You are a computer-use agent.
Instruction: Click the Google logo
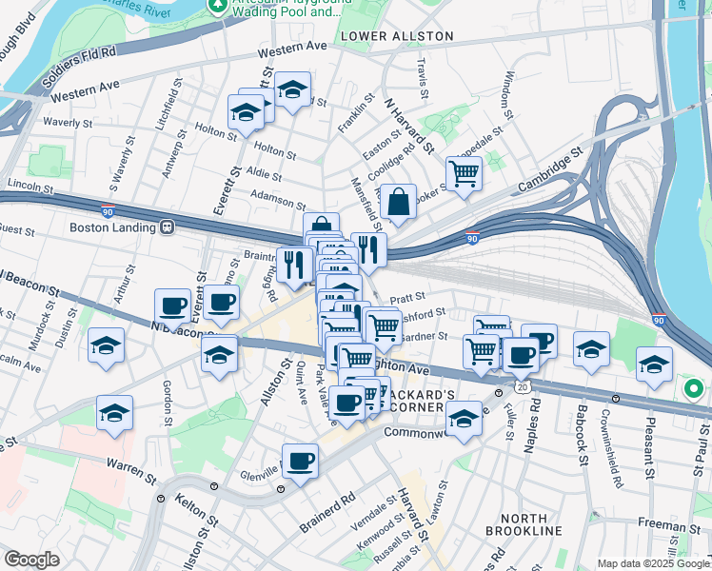(x=31, y=560)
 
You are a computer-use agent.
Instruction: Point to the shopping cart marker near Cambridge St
(x=464, y=174)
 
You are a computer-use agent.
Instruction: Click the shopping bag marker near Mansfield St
(x=398, y=202)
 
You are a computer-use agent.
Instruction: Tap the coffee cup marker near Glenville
(x=301, y=462)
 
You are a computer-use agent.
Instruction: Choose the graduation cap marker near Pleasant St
(x=654, y=364)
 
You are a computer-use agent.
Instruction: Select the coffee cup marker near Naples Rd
(x=539, y=342)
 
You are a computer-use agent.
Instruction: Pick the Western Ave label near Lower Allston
(x=291, y=46)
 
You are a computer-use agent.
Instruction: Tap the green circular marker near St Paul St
(x=694, y=389)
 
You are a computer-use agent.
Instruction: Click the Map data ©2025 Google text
(x=652, y=563)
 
